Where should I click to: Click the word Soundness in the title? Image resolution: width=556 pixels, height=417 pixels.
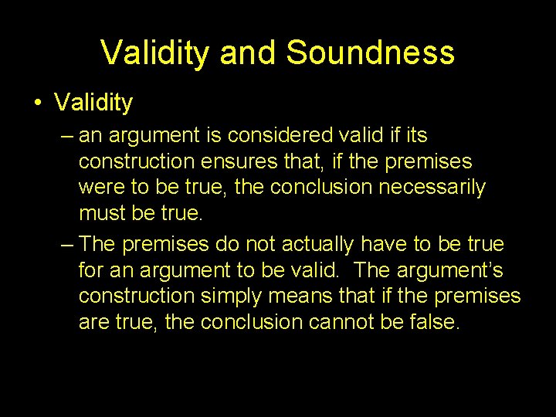370,53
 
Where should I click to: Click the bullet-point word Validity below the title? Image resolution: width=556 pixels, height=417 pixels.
93,103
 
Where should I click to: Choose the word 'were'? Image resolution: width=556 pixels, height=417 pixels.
100,188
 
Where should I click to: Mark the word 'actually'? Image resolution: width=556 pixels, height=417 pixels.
320,245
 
